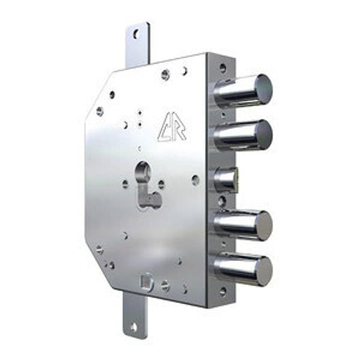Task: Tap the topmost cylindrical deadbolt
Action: click(243, 91)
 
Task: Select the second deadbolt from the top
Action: click(243, 135)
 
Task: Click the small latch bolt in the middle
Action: click(226, 180)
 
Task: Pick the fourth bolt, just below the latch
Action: click(243, 225)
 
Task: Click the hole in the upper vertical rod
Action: click(137, 34)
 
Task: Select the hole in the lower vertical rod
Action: click(134, 327)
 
